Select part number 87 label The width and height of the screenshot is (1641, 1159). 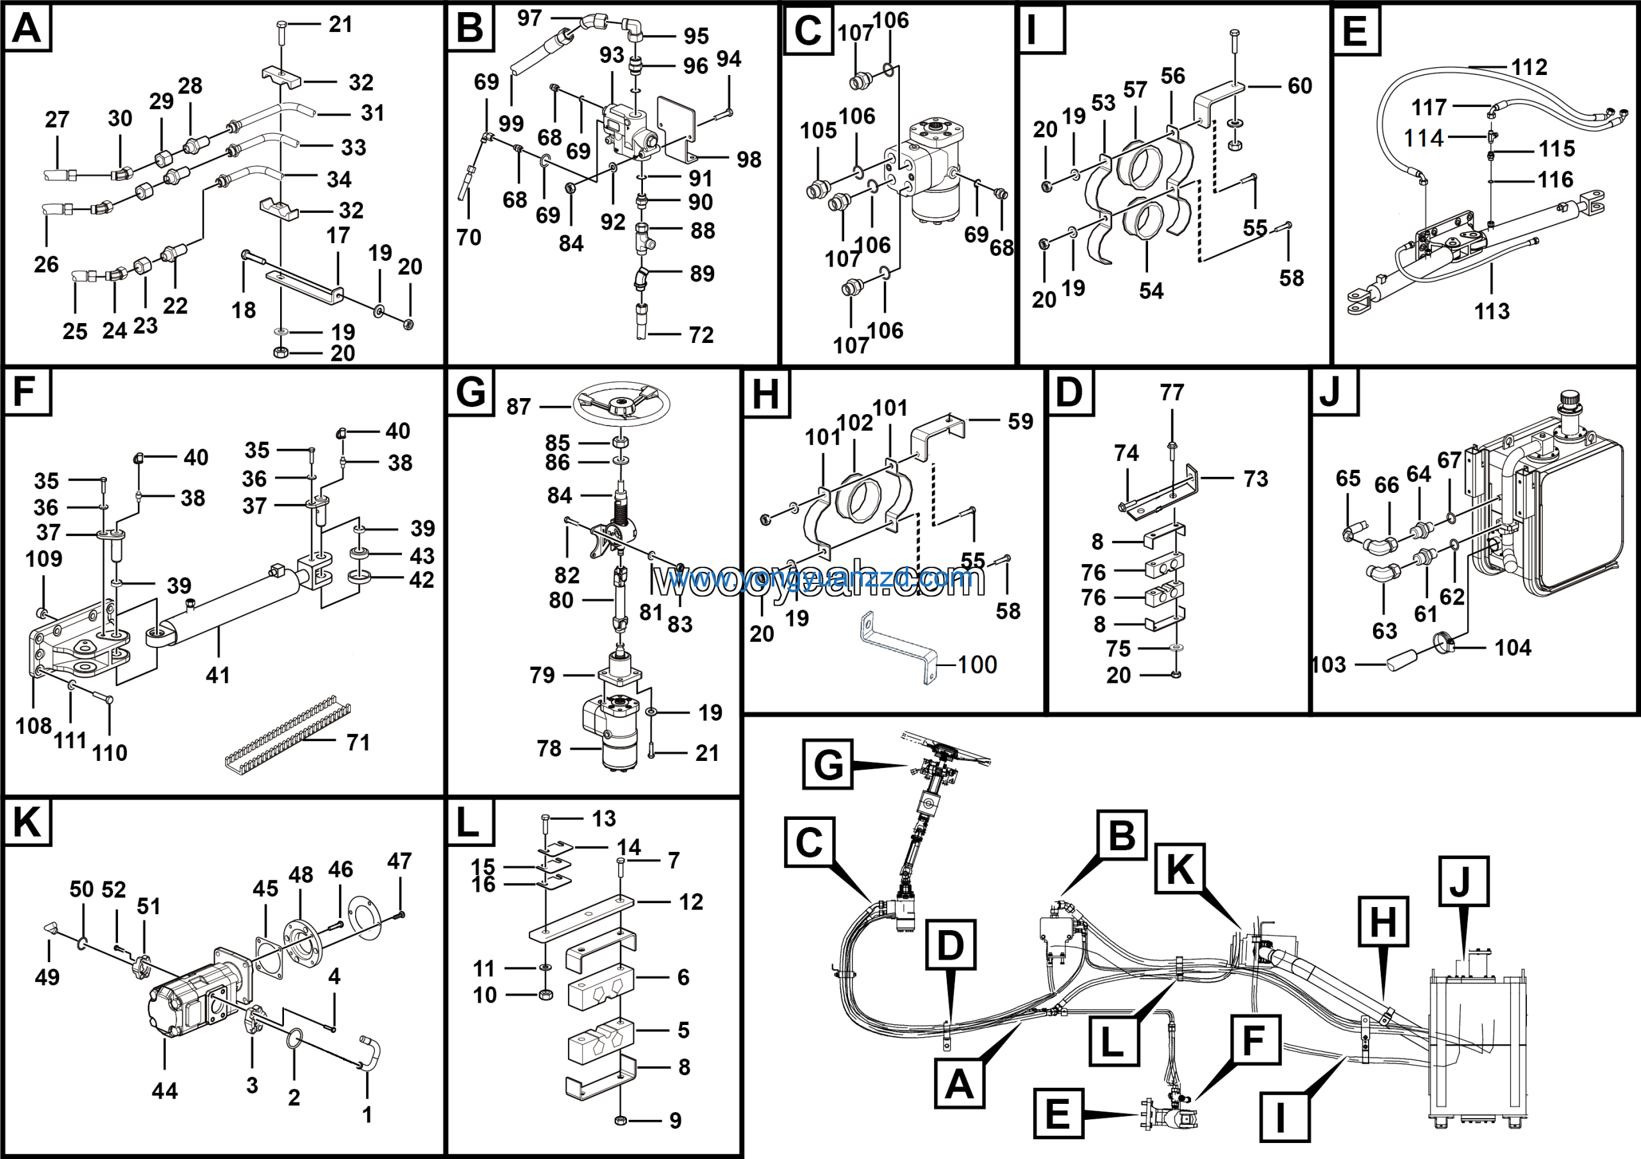[x=519, y=406]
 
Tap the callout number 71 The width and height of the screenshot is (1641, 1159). [x=358, y=742]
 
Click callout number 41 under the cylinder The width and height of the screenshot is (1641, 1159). [x=218, y=674]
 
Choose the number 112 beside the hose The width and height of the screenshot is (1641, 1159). [x=1529, y=67]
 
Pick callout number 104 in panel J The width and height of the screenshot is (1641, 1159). [x=1513, y=647]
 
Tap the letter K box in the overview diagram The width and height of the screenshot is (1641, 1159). [x=1180, y=869]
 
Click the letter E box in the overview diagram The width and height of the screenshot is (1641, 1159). [x=1058, y=1113]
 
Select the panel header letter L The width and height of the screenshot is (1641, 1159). [x=469, y=822]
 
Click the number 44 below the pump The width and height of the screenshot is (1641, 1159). [x=164, y=1090]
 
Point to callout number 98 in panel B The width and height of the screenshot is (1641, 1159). [x=749, y=160]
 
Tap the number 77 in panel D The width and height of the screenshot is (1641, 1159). [x=1172, y=392]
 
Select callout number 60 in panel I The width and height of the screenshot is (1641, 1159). [x=1300, y=86]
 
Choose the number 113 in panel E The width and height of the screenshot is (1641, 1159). [x=1492, y=311]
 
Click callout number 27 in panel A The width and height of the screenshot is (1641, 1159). [x=57, y=119]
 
